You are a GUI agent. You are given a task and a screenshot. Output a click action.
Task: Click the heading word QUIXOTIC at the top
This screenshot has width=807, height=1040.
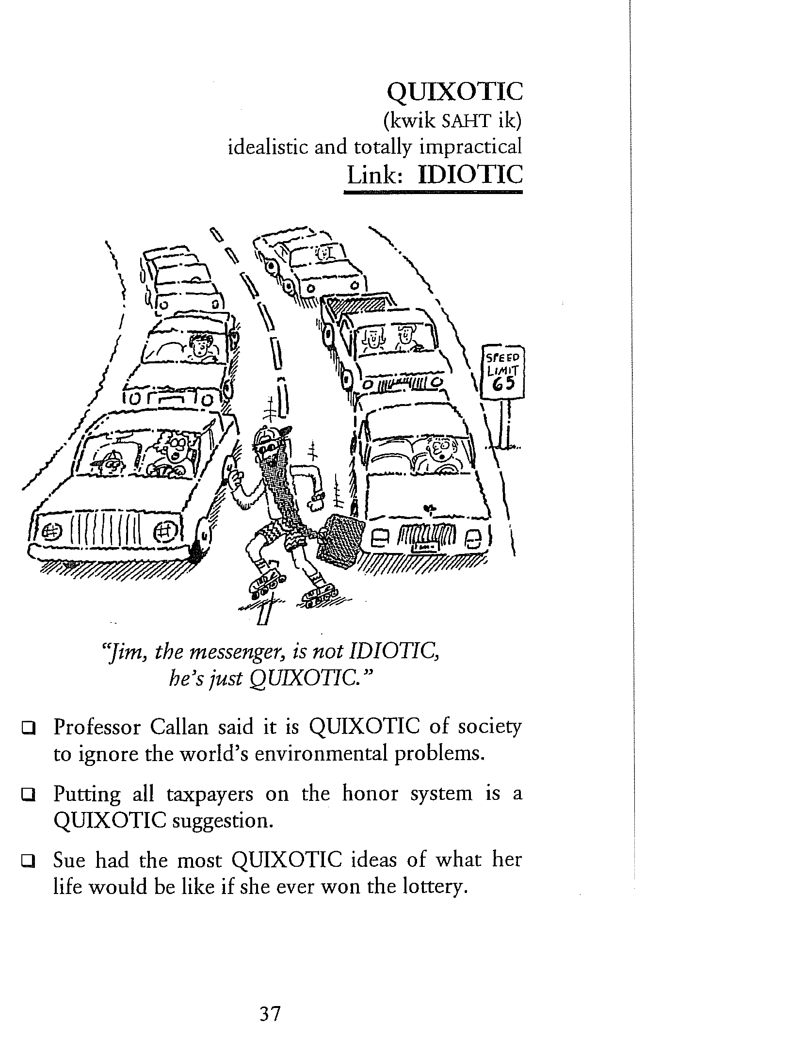[455, 91]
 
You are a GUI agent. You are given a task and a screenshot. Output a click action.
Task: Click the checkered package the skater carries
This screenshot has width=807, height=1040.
[339, 542]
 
